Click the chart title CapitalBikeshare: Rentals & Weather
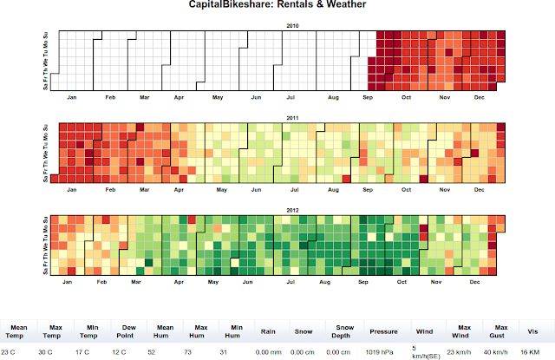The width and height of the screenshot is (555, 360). coord(277,6)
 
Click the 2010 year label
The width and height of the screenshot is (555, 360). coord(292,26)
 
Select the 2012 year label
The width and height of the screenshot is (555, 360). coord(292,208)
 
